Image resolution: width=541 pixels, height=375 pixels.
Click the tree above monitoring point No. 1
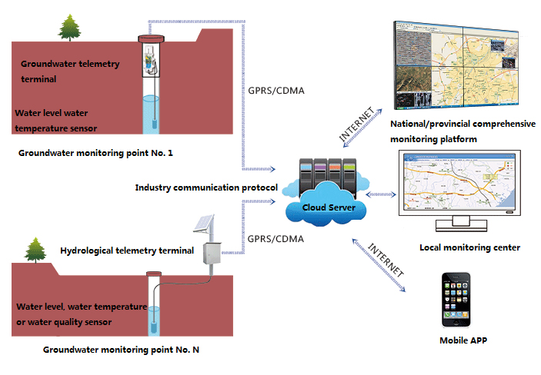70,28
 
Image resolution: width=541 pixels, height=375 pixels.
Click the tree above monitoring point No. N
35,250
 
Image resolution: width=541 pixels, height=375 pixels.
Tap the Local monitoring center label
469,247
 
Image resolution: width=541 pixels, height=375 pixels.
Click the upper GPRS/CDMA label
275,91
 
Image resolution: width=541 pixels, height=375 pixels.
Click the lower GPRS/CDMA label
275,239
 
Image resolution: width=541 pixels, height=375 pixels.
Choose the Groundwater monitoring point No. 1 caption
95,153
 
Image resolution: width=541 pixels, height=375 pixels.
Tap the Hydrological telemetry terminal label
126,251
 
